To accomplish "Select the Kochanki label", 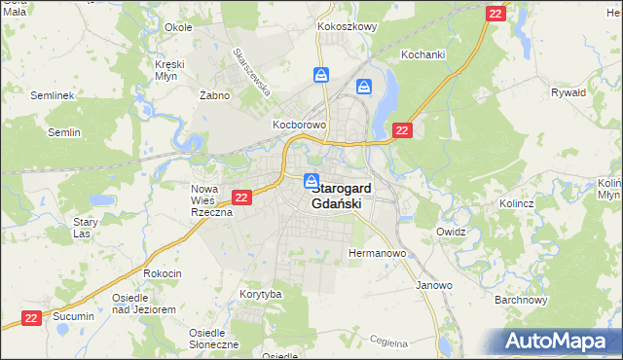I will tap(422, 55).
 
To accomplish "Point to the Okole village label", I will tap(178, 27).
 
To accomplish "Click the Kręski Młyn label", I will tap(169, 70).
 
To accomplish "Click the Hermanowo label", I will tap(377, 253).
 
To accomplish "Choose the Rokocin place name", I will tap(163, 273).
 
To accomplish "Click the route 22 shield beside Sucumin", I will tap(32, 317).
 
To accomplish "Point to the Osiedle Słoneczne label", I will tap(213, 339).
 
